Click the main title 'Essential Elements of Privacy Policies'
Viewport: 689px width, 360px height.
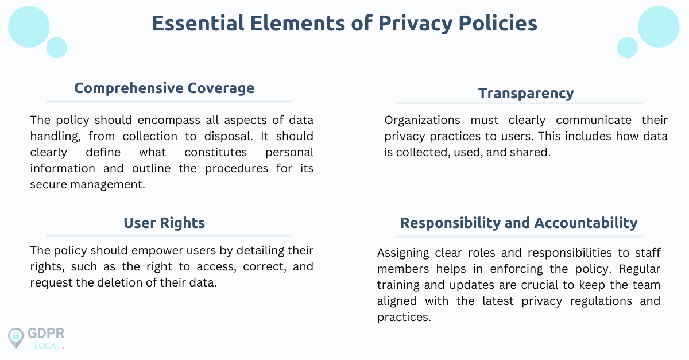coord(344,23)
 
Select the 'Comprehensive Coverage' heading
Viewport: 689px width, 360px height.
coord(164,88)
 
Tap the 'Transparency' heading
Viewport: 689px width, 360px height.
coord(526,93)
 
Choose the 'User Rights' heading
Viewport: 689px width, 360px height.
coord(164,223)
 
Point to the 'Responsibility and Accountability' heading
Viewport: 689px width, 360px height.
coord(518,223)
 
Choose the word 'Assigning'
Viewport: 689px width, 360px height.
coord(404,253)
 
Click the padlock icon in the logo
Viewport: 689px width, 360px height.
coord(16,337)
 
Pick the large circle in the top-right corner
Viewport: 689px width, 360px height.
coord(659,27)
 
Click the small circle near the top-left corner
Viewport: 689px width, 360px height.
coord(56,48)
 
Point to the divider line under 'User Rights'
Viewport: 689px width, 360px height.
coord(169,235)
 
